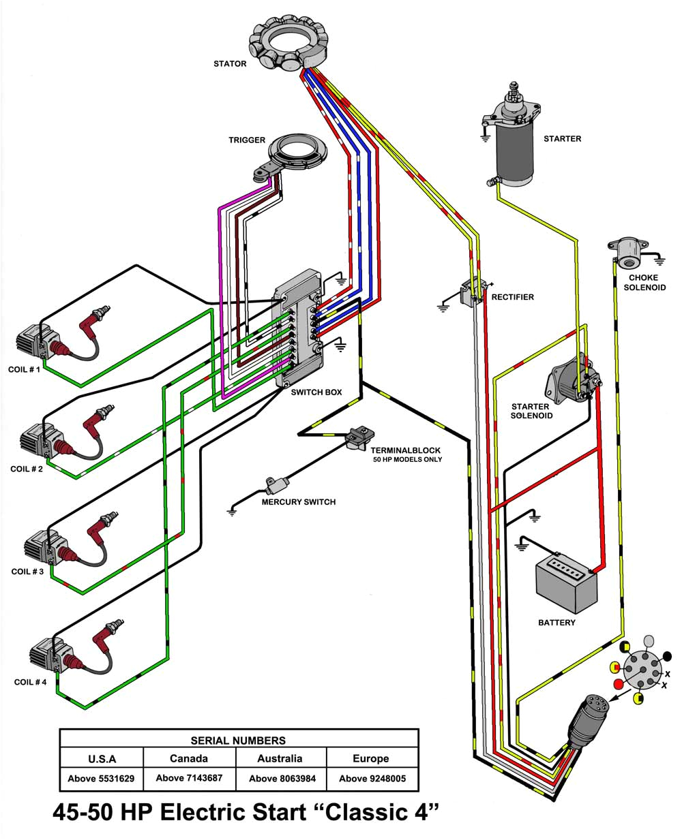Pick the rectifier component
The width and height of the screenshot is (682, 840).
tap(473, 291)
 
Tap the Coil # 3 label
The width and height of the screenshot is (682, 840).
tap(27, 572)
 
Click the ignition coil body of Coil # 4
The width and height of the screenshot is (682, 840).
tap(46, 655)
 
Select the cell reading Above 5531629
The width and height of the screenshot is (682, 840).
tap(101, 778)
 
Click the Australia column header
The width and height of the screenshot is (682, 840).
tap(280, 758)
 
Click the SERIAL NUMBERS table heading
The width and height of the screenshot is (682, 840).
tap(238, 740)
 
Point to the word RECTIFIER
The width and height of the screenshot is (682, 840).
tap(512, 297)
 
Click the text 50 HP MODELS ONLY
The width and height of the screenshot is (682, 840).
tap(407, 460)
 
